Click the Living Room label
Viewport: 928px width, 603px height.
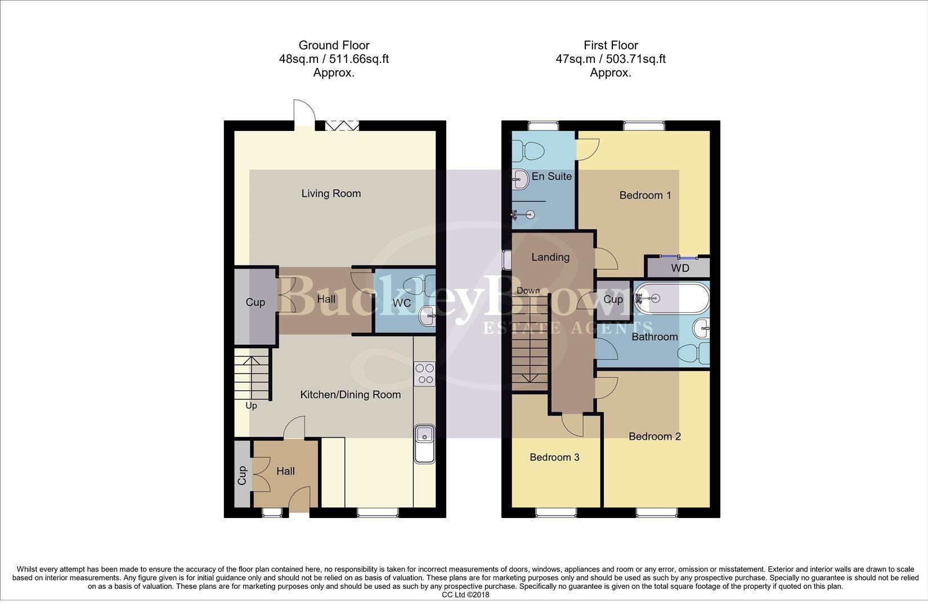click(331, 193)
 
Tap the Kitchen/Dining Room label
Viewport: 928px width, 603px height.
click(350, 395)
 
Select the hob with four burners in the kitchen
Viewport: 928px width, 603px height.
click(424, 374)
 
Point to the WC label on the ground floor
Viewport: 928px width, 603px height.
click(401, 303)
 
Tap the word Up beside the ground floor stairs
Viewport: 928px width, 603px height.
click(251, 406)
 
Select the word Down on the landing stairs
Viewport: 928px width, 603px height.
click(528, 291)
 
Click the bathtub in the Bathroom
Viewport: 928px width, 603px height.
click(671, 298)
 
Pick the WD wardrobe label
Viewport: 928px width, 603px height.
click(680, 268)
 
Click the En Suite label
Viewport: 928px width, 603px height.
click(552, 177)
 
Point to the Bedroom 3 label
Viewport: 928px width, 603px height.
click(554, 457)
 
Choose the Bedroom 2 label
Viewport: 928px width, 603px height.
click(654, 436)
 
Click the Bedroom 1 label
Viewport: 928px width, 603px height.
click(645, 195)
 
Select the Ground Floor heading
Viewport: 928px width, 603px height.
click(334, 45)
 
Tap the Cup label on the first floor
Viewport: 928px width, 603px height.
click(613, 299)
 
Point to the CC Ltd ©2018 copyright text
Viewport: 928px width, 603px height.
click(465, 595)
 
